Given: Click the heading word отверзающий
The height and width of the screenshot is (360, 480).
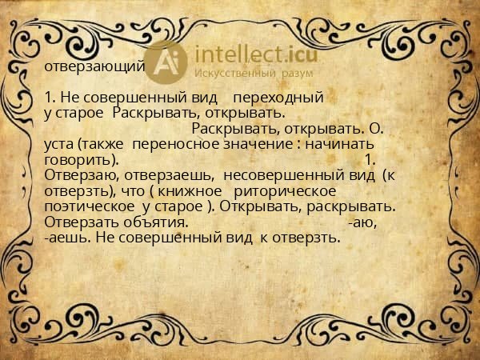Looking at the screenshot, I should tap(94, 66).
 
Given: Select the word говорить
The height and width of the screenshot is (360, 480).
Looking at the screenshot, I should tap(76, 159).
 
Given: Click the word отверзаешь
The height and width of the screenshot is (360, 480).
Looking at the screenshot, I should tap(167, 175).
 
